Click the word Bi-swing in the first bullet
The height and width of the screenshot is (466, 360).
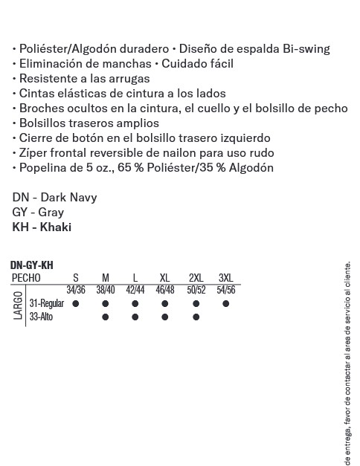click(305, 49)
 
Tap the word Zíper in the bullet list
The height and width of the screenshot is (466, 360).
click(32, 152)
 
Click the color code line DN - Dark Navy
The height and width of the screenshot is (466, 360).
click(54, 198)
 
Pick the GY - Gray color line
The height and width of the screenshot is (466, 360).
click(38, 213)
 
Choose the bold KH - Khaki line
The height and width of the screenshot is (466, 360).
click(42, 227)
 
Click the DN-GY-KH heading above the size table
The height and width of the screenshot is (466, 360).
click(32, 265)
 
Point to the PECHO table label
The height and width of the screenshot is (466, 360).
click(27, 278)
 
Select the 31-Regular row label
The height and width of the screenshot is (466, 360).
click(46, 304)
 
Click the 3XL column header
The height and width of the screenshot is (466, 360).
click(225, 278)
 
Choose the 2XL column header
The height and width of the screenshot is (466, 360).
click(196, 278)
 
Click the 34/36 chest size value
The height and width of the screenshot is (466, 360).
click(76, 290)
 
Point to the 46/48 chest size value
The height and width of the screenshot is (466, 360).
click(165, 290)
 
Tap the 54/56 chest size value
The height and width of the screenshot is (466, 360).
click(225, 290)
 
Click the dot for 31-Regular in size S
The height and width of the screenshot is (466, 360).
click(76, 304)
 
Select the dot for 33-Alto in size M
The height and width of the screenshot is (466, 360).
click(106, 317)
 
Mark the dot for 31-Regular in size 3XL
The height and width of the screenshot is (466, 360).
click(225, 304)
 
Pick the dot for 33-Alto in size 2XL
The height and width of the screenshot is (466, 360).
click(196, 317)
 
